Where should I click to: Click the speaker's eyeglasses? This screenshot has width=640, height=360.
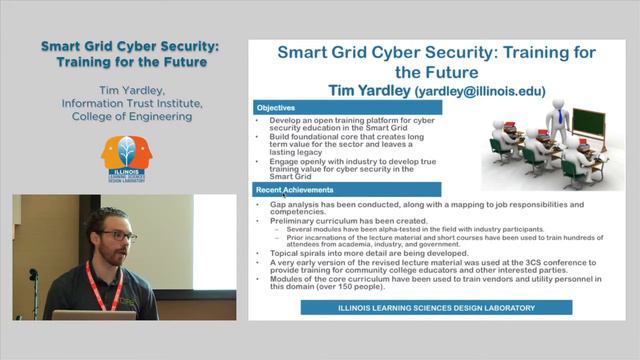click(118, 236)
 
